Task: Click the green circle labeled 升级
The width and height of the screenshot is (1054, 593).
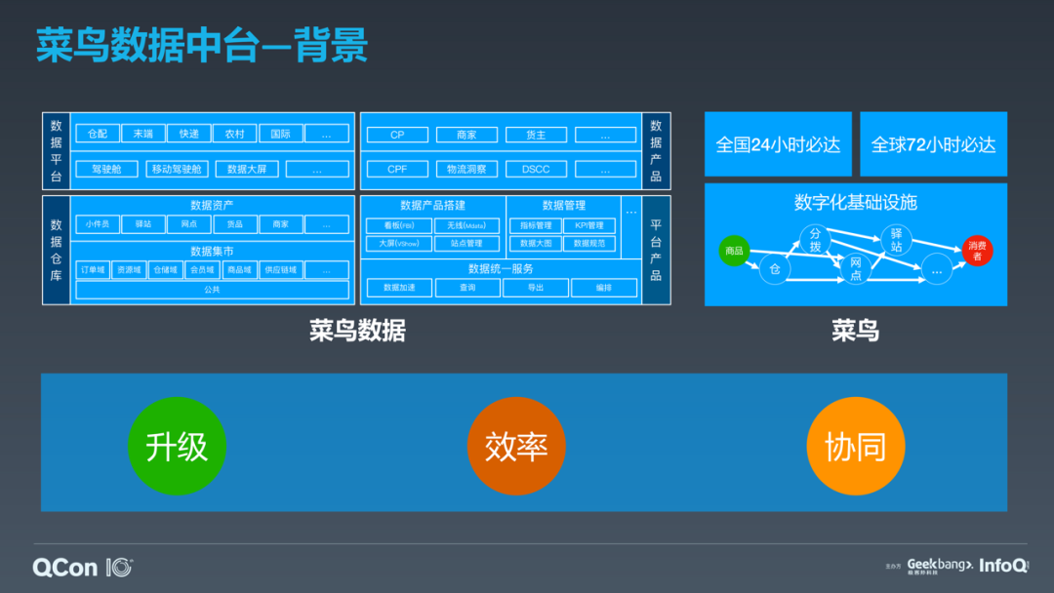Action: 177,447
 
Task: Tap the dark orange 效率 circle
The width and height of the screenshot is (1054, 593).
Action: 516,447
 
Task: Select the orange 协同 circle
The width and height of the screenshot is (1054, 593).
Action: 855,447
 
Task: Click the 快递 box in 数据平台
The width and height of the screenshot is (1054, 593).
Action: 189,134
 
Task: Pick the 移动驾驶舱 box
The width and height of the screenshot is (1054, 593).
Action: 177,169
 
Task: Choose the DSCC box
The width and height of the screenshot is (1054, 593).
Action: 535,169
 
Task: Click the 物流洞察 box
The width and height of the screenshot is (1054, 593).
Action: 466,169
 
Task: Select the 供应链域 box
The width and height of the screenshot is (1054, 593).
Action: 281,269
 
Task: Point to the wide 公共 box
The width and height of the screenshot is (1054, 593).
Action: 212,290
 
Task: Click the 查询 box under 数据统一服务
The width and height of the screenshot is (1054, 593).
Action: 468,288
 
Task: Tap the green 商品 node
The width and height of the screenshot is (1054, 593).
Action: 734,251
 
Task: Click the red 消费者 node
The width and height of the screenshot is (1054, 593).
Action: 977,251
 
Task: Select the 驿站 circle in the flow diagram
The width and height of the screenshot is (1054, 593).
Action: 896,240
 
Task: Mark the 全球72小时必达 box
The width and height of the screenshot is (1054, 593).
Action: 933,144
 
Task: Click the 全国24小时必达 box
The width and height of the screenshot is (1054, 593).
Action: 778,144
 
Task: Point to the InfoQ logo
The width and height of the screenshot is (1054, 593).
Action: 1003,565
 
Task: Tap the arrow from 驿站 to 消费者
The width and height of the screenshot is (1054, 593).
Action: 937,245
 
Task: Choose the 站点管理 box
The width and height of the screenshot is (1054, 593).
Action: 466,243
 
